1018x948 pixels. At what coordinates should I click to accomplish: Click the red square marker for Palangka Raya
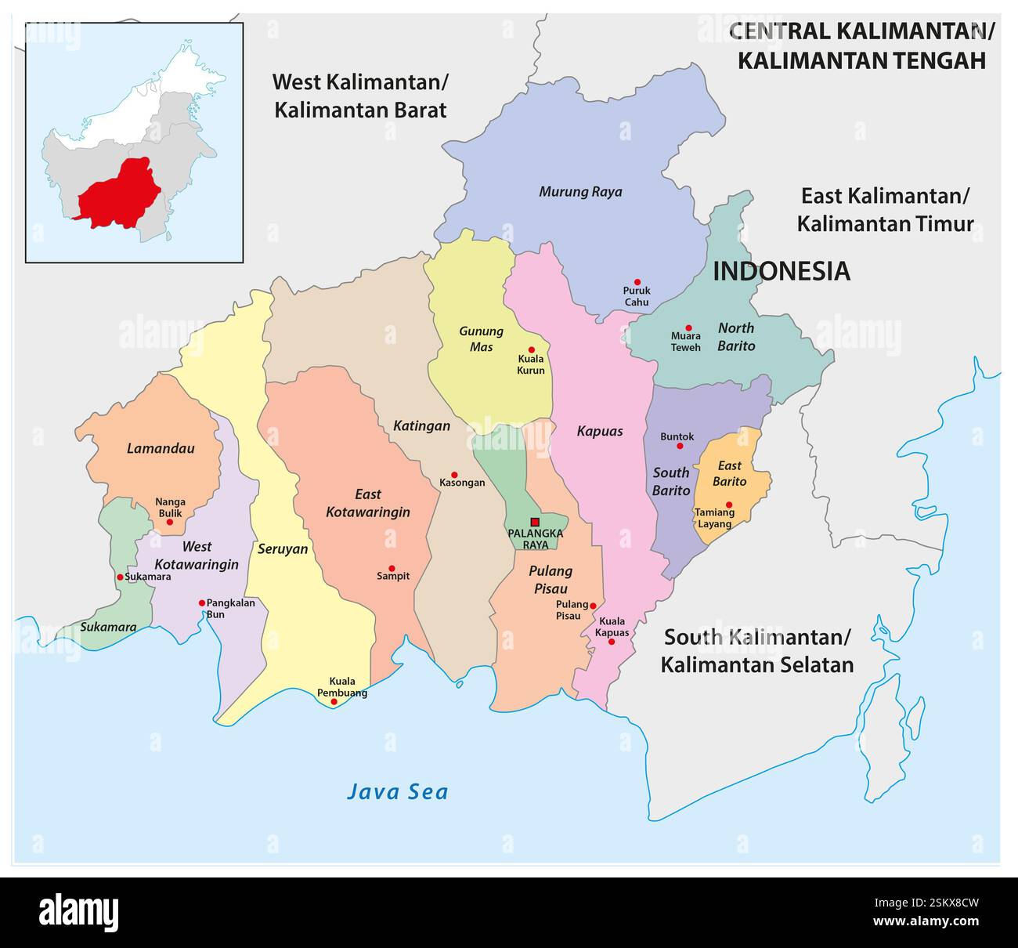535,522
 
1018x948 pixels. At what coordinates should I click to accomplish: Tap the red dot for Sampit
392,568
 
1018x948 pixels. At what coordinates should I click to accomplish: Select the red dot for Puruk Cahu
637,282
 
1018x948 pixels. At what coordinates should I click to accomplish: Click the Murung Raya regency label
580,192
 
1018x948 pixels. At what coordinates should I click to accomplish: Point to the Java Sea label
398,792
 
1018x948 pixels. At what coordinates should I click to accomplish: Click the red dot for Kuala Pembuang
334,702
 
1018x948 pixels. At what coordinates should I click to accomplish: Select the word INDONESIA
781,271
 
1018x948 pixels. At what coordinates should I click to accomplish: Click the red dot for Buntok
680,446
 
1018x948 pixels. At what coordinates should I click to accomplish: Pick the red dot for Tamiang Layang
729,505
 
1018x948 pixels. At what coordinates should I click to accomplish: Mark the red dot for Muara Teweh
688,328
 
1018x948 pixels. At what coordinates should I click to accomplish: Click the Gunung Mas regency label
481,338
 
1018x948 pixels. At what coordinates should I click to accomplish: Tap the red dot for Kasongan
454,474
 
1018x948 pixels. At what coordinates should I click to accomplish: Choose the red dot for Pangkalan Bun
202,603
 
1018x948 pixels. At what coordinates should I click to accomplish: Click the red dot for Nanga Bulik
170,522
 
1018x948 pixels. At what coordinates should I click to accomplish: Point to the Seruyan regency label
283,549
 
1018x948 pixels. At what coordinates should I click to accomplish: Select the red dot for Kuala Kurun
531,350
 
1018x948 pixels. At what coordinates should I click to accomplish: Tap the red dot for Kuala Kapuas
612,642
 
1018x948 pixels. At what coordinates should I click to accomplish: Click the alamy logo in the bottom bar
79,913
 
